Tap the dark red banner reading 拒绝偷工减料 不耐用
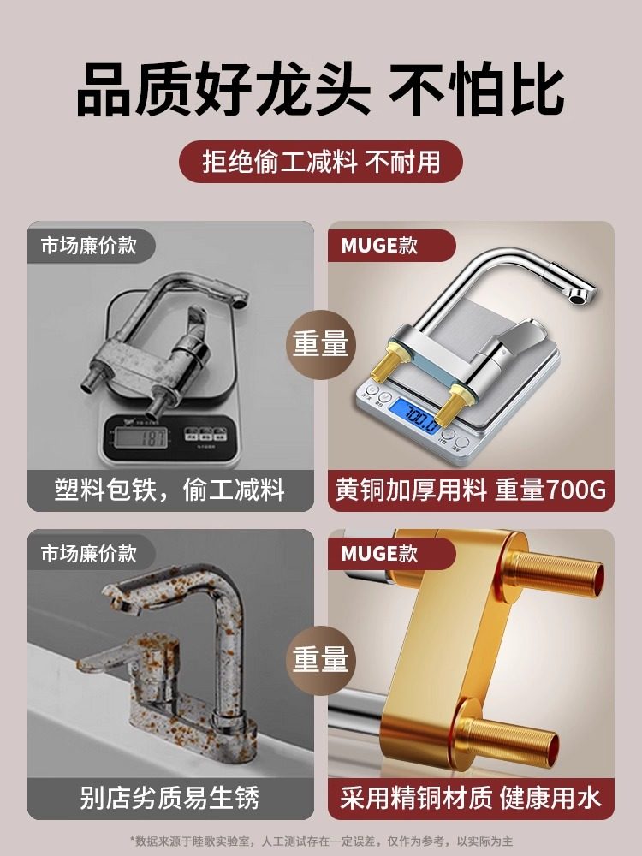[x=320, y=162]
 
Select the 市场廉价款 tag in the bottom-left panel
[x=89, y=554]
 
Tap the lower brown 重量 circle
[x=321, y=659]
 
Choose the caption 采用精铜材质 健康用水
[x=472, y=799]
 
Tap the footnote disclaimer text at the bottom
[x=320, y=841]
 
